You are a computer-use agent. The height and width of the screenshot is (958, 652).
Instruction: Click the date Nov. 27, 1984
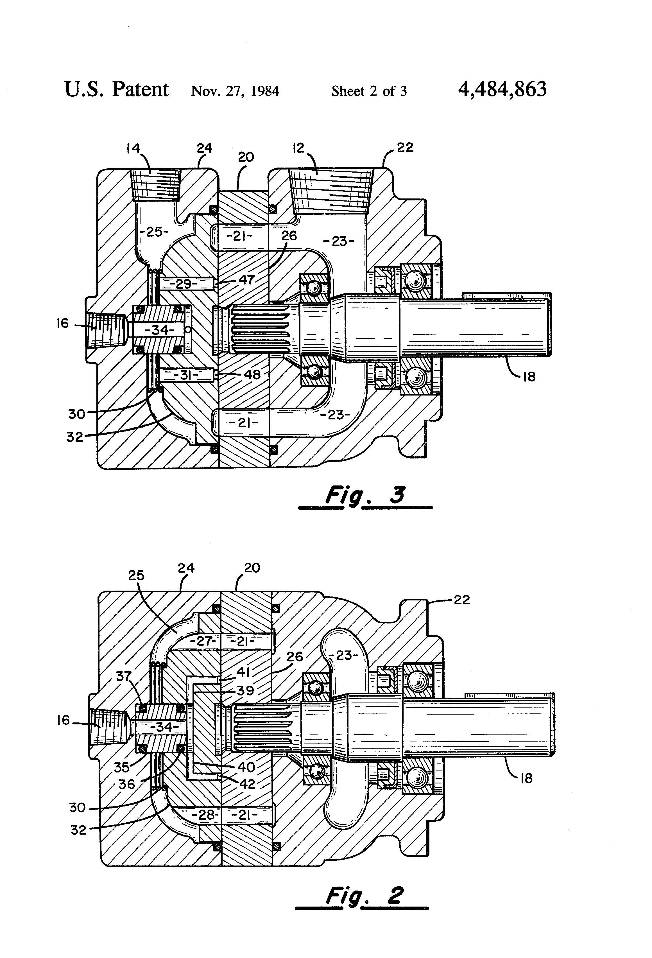click(x=235, y=91)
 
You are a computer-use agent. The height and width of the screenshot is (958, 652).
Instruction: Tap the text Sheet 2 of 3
click(x=369, y=91)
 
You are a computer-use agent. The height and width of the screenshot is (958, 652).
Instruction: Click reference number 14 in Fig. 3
click(x=133, y=148)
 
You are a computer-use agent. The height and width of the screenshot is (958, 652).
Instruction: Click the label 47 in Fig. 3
click(x=246, y=280)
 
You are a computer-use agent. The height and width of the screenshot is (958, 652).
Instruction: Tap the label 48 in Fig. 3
click(x=252, y=374)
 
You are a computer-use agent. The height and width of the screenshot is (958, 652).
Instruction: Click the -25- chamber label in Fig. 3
click(x=154, y=232)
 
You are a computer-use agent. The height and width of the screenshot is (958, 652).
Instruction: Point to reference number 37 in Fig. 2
click(x=124, y=676)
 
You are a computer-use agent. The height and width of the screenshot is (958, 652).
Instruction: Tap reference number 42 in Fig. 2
click(x=247, y=784)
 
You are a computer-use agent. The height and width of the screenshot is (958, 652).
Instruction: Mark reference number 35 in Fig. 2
click(x=122, y=767)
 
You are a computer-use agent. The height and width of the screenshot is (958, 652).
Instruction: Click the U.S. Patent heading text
click(x=117, y=89)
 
